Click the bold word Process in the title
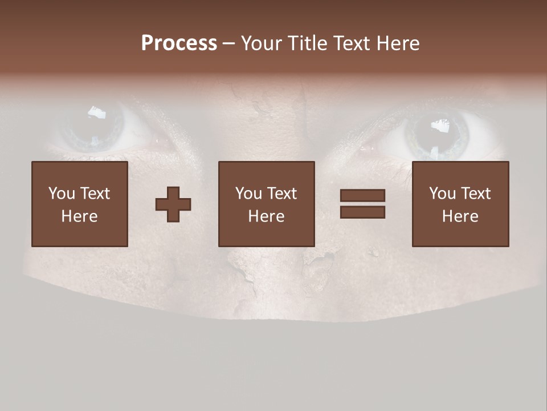[179, 43]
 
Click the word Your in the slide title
[260, 43]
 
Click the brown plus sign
[173, 204]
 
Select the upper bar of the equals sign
[362, 195]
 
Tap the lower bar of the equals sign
[362, 212]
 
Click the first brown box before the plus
[80, 204]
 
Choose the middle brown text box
[267, 204]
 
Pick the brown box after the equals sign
[460, 204]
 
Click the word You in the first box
[62, 194]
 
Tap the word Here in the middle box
[267, 216]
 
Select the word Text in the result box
[475, 194]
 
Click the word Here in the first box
[80, 216]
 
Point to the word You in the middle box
[248, 194]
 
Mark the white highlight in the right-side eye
[439, 124]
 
